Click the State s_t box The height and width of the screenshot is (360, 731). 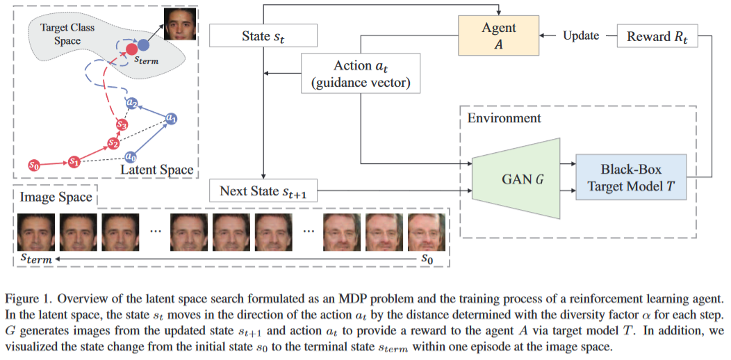tap(263, 36)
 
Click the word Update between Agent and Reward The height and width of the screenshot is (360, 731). tap(580, 35)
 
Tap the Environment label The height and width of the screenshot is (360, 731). tap(504, 117)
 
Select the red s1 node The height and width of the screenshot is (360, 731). tap(74, 161)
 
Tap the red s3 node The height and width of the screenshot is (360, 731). tap(122, 125)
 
